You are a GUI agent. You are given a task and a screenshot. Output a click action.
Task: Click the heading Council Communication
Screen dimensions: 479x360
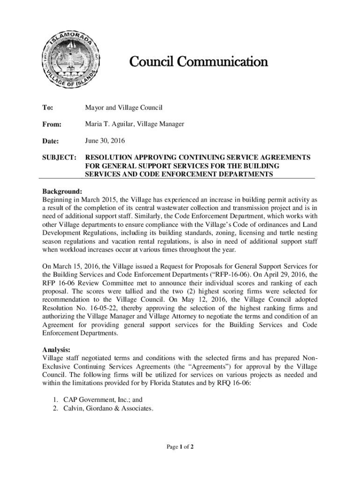(x=198, y=62)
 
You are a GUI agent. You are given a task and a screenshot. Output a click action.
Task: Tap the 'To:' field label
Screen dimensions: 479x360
(x=47, y=108)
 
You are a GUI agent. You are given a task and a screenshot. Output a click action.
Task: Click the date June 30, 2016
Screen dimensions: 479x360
(x=105, y=141)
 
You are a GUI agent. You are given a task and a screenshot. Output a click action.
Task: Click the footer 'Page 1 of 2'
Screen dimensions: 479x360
(x=180, y=447)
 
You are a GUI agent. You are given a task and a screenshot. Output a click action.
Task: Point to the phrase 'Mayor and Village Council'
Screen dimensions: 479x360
(x=123, y=108)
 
